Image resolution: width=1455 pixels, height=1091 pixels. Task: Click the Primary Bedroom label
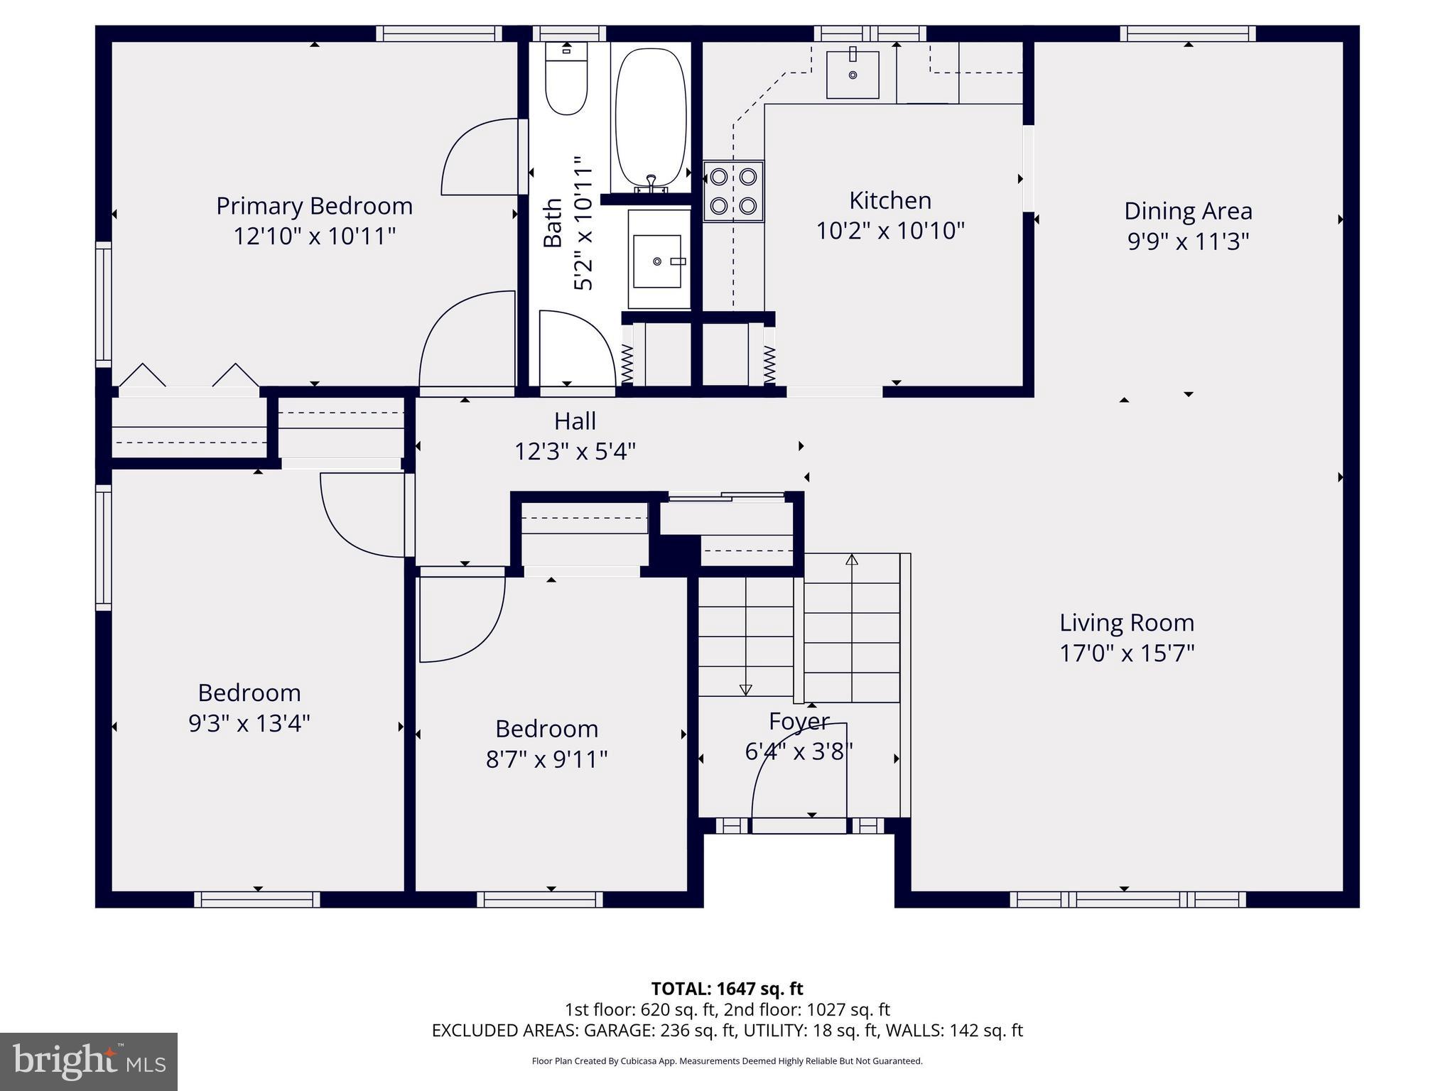click(314, 206)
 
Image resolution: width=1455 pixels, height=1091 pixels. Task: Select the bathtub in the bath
click(650, 117)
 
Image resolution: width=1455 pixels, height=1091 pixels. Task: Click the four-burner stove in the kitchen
click(733, 191)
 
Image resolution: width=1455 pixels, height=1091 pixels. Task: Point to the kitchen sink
click(853, 75)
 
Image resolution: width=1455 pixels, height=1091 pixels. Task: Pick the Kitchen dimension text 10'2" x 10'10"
click(890, 231)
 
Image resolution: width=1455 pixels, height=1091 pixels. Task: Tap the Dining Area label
click(1188, 211)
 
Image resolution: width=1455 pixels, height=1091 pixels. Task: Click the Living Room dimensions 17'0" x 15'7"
click(1127, 653)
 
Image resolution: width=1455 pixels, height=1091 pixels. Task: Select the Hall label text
click(575, 421)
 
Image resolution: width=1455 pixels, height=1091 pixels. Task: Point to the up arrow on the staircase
click(852, 560)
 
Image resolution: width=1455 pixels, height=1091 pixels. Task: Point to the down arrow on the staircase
click(745, 689)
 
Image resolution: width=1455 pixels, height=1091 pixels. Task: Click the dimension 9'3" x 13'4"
click(249, 724)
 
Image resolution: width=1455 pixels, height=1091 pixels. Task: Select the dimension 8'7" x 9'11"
click(546, 759)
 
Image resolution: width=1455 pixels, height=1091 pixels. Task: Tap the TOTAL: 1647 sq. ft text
click(727, 989)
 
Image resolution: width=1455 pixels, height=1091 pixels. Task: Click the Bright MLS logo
click(89, 1061)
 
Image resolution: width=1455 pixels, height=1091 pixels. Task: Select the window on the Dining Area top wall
click(1188, 33)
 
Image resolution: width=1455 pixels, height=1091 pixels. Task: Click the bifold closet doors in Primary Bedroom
click(188, 376)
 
